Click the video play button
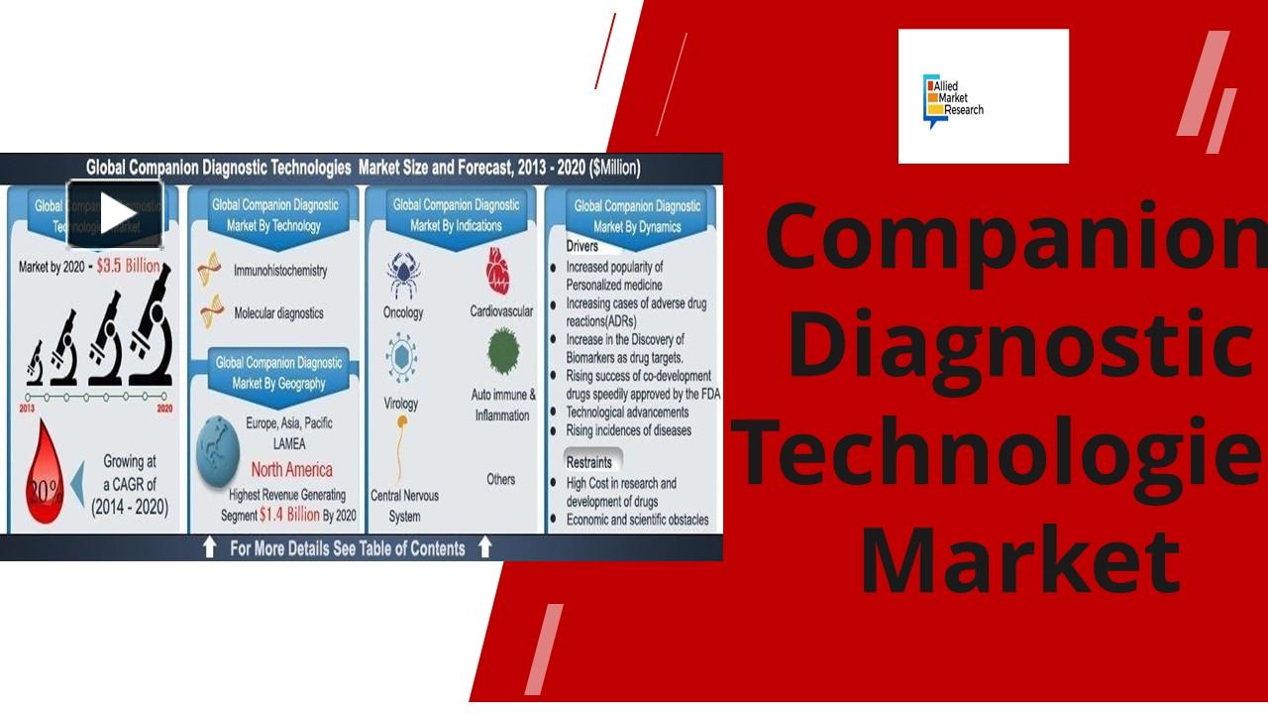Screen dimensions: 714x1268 click(x=115, y=213)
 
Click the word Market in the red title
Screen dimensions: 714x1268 click(x=1020, y=562)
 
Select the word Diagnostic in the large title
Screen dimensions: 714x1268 click(x=1020, y=344)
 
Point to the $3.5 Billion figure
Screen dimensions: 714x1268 click(x=128, y=267)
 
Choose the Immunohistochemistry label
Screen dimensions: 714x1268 click(x=279, y=271)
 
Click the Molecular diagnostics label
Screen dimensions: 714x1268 click(x=278, y=313)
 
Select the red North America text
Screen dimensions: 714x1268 click(x=291, y=469)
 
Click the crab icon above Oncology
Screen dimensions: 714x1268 click(x=402, y=275)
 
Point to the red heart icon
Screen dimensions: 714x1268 click(x=498, y=271)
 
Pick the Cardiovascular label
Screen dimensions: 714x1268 click(x=501, y=311)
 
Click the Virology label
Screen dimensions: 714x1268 click(x=401, y=404)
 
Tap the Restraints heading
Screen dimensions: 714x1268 click(x=588, y=462)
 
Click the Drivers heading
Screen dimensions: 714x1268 click(x=582, y=246)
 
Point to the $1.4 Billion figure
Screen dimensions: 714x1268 click(x=289, y=515)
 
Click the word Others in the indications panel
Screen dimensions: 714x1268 click(x=501, y=480)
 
